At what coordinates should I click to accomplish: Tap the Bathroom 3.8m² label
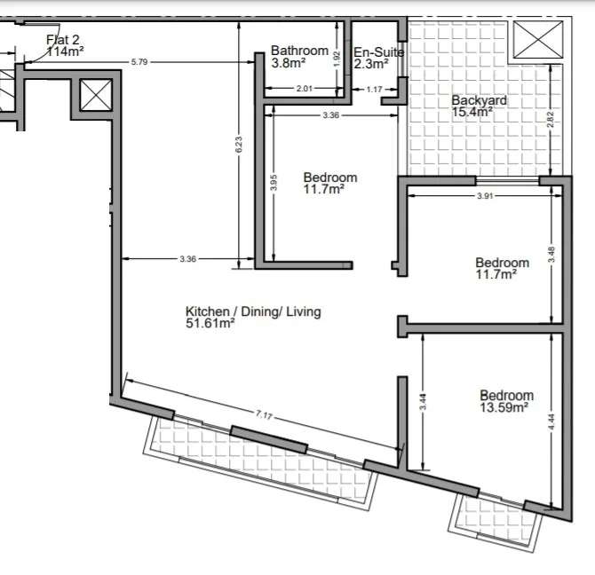tap(299, 57)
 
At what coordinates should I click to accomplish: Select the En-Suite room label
tap(378, 58)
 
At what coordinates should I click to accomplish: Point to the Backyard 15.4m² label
tap(479, 106)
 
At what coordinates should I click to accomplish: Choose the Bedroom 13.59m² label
tap(506, 401)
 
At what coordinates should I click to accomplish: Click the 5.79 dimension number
tap(139, 62)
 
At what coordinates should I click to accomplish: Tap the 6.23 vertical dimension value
tap(239, 145)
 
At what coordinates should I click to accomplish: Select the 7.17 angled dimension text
tap(264, 415)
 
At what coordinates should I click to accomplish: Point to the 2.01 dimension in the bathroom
tap(305, 89)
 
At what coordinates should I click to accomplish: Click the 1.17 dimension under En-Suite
tap(374, 90)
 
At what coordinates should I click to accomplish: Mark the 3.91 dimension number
tap(485, 196)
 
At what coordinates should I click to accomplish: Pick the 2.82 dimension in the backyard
tap(551, 120)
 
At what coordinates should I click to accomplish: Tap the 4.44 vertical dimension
tap(551, 421)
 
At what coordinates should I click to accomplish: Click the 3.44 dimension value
tap(423, 402)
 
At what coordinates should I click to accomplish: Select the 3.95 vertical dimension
tap(274, 182)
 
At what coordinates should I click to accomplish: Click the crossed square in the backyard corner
tap(538, 39)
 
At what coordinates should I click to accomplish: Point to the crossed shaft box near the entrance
tap(96, 95)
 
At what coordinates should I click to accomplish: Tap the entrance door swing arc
tap(52, 47)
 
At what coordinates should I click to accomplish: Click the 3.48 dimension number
tap(551, 255)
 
